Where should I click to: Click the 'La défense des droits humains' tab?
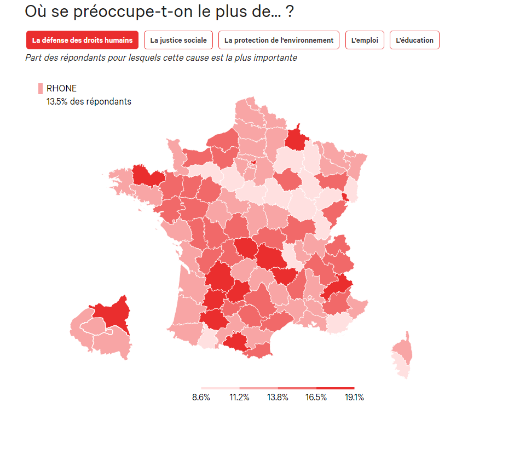point(82,40)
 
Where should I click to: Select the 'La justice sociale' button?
point(178,40)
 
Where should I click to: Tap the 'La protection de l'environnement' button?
point(279,40)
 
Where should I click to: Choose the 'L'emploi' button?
point(365,40)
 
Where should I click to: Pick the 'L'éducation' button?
point(414,40)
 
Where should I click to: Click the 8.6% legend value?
point(201,398)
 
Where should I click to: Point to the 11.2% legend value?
point(239,398)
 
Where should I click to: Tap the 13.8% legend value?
point(278,398)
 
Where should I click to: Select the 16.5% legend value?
point(316,398)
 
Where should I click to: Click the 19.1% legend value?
point(354,398)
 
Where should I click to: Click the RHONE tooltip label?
point(61,88)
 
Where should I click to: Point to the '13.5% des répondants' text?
point(89,101)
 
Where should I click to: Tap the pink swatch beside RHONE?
point(41,89)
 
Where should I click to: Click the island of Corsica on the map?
point(403,353)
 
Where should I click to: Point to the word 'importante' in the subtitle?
point(277,58)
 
